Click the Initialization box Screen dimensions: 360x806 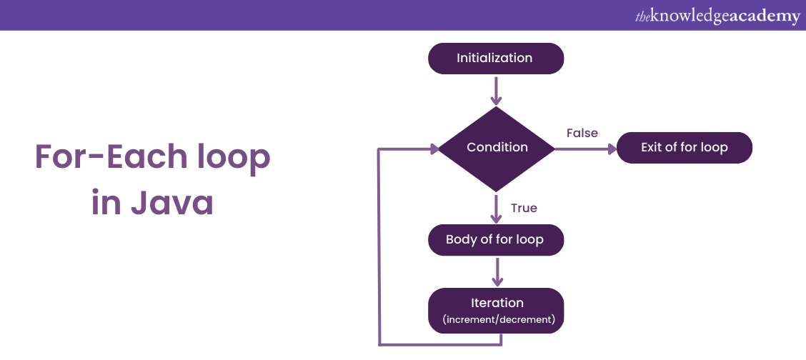[x=495, y=59]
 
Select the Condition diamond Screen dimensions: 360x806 [x=496, y=148]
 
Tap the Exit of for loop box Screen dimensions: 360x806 [x=684, y=148]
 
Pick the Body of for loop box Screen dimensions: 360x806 [x=495, y=240]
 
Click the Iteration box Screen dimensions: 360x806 [x=496, y=311]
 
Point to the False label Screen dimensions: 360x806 [x=582, y=133]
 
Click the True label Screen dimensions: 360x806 [x=524, y=208]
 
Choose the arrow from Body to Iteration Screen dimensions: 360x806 [x=496, y=271]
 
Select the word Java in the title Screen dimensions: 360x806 [x=172, y=203]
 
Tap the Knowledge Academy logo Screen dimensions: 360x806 [x=717, y=16]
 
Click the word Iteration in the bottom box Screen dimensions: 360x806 [x=497, y=303]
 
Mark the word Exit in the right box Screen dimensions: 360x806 [x=652, y=148]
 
